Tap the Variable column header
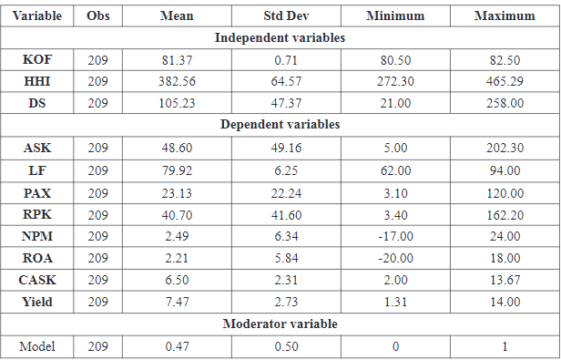pos(38,16)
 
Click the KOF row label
pos(38,59)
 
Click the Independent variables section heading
pos(280,37)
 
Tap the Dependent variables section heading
pos(280,124)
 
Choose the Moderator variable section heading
pos(280,324)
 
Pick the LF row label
pos(38,168)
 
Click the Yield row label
pos(38,303)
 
